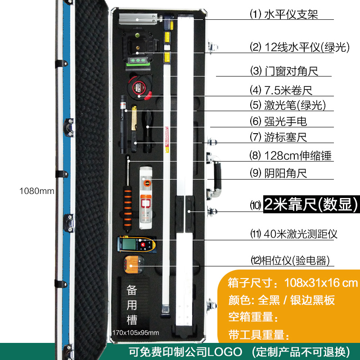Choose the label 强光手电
[285, 121]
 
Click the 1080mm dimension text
[36, 191]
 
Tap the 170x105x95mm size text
[136, 333]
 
